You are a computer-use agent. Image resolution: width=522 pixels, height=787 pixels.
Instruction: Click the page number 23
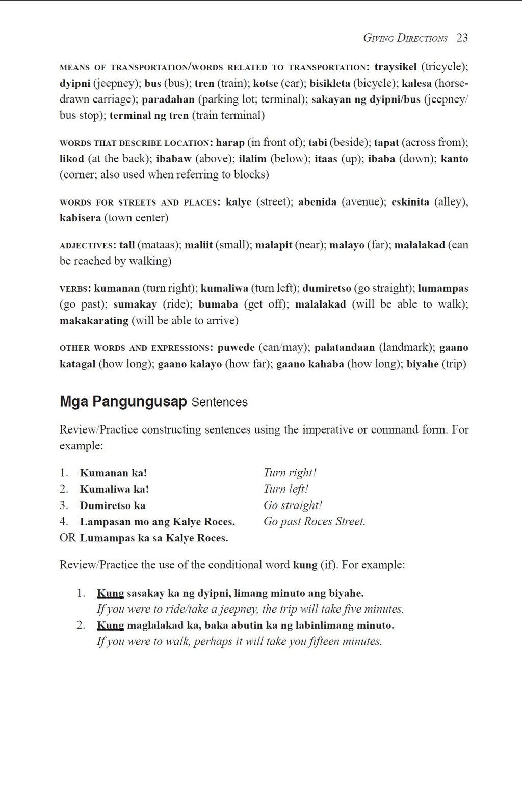(462, 38)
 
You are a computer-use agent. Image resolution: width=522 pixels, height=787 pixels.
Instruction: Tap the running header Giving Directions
(405, 38)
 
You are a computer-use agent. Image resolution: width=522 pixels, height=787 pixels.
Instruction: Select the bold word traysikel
(395, 67)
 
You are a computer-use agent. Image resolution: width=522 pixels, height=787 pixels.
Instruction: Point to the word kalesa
(416, 83)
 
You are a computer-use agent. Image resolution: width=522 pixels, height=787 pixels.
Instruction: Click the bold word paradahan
(168, 99)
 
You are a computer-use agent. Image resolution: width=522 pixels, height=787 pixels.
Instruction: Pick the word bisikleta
(330, 83)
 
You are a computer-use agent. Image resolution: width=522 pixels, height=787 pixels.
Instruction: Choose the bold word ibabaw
(174, 159)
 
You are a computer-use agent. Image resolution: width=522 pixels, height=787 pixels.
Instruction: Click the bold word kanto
(454, 159)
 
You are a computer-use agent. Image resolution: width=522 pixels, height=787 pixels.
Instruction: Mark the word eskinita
(410, 202)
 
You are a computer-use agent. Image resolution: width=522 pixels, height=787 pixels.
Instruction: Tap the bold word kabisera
(80, 218)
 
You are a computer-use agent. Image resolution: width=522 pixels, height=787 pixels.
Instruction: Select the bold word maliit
(198, 245)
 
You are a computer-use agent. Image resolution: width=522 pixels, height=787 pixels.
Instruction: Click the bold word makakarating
(94, 321)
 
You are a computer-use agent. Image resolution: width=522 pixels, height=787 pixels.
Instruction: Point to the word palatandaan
(345, 348)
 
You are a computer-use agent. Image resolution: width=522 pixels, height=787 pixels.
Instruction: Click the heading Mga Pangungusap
(123, 402)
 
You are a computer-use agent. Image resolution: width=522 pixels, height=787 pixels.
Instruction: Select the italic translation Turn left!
(285, 489)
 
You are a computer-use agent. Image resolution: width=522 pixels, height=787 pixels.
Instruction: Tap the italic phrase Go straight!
(293, 505)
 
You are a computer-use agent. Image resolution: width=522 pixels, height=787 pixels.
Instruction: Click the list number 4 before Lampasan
(64, 522)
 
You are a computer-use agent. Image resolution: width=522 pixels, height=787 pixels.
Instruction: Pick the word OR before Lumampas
(68, 538)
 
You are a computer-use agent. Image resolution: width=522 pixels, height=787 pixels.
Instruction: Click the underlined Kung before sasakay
(111, 593)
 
